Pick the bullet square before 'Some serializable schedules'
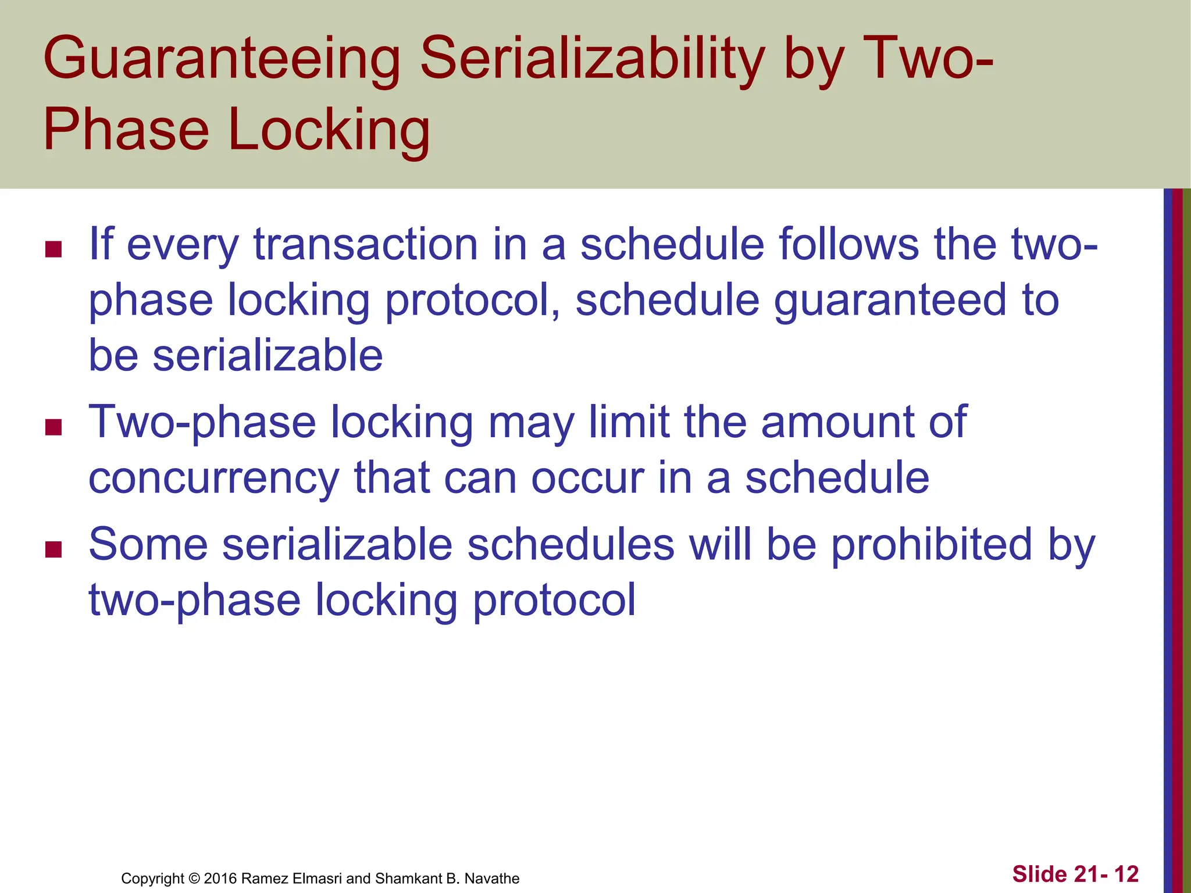tap(54, 549)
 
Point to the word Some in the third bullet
tap(148, 545)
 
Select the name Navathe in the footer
tap(491, 878)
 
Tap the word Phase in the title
tap(126, 130)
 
